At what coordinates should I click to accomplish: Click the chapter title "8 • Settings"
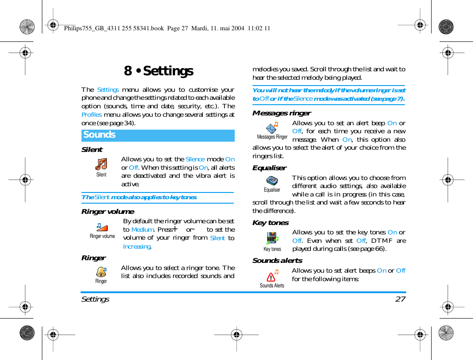pyautogui.click(x=159, y=71)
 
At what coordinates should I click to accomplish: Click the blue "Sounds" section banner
pyautogui.click(x=158, y=135)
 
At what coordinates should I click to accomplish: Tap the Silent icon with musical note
pyautogui.click(x=102, y=164)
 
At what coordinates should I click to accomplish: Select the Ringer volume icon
pyautogui.click(x=102, y=227)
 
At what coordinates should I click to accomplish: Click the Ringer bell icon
pyautogui.click(x=101, y=271)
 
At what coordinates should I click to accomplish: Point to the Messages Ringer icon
pyautogui.click(x=272, y=128)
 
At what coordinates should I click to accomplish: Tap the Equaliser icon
pyautogui.click(x=272, y=180)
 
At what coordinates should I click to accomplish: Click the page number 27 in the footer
pyautogui.click(x=400, y=299)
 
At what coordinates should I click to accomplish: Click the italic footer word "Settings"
pyautogui.click(x=95, y=299)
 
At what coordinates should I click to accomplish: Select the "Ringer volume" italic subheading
pyautogui.click(x=107, y=212)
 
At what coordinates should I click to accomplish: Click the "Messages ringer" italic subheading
pyautogui.click(x=281, y=113)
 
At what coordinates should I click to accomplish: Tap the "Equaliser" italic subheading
pyautogui.click(x=269, y=168)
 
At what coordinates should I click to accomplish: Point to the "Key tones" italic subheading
pyautogui.click(x=270, y=223)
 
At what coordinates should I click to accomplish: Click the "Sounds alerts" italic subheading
pyautogui.click(x=277, y=261)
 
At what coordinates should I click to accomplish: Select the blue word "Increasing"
pyautogui.click(x=137, y=246)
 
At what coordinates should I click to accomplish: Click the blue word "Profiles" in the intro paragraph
pyautogui.click(x=91, y=115)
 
